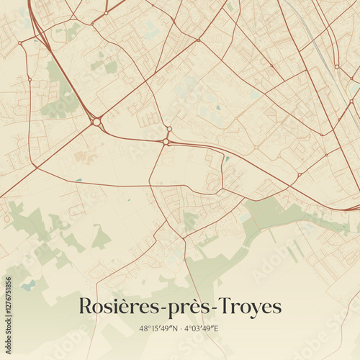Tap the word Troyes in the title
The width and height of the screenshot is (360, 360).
click(248, 307)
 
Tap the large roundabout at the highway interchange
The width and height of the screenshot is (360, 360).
click(96, 122)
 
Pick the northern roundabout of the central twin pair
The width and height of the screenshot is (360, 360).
click(168, 130)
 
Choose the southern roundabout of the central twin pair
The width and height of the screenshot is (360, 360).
click(166, 142)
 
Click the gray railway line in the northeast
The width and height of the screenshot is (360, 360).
click(317, 43)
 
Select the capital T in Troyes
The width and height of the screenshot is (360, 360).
click(224, 306)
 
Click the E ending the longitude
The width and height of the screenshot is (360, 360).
click(216, 329)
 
